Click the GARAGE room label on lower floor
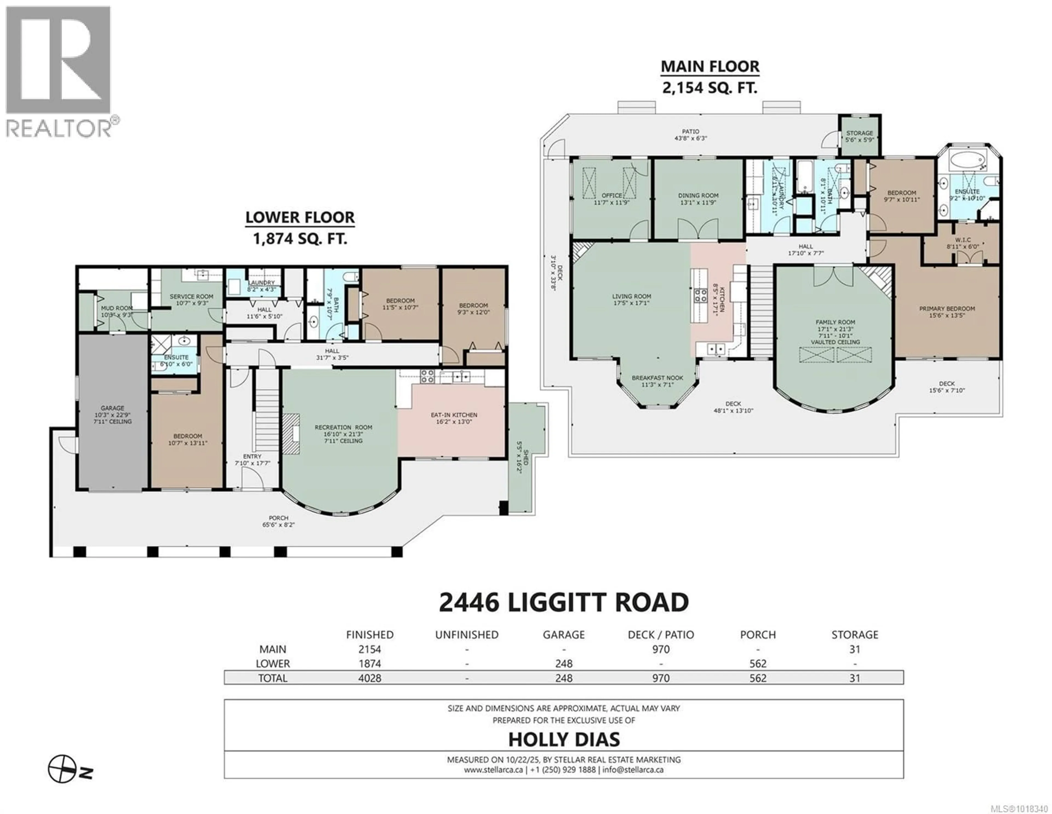(x=112, y=408)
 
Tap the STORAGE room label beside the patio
(x=859, y=133)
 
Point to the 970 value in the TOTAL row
(x=661, y=678)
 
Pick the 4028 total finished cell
(x=370, y=678)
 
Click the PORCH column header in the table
(x=758, y=635)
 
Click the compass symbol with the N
(x=63, y=770)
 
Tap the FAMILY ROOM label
(x=835, y=322)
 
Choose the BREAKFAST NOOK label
(x=658, y=378)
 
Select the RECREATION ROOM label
(x=344, y=427)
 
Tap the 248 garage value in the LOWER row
(x=564, y=664)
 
